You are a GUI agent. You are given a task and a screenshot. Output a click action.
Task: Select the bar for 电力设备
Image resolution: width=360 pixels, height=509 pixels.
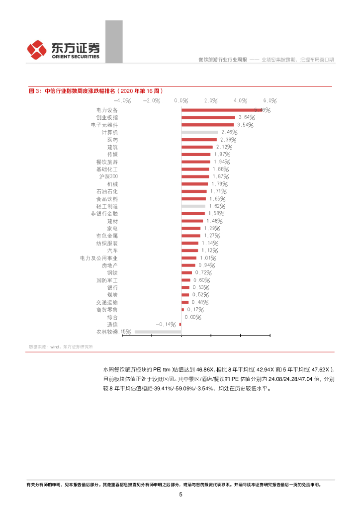[221, 110]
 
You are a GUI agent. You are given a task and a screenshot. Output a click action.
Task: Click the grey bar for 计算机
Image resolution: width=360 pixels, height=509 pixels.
[199, 132]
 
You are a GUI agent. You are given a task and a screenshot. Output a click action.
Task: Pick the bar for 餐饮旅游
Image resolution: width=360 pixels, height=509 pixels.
[196, 162]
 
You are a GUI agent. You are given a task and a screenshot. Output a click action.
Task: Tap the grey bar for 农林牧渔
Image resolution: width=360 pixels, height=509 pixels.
[158, 332]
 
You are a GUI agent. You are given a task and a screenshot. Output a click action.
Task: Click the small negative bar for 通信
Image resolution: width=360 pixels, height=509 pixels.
[180, 324]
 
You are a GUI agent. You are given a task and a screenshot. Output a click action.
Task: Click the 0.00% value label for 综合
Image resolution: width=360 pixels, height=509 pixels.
[192, 317]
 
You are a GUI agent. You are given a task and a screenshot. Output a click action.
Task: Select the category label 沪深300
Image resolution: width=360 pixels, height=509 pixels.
[108, 176]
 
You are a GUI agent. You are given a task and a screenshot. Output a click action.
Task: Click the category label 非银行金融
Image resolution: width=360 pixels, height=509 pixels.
[104, 213]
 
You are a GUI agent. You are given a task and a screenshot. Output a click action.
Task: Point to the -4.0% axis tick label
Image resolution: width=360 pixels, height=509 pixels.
[122, 100]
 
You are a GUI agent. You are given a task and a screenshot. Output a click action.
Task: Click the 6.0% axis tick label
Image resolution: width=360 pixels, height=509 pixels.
[269, 100]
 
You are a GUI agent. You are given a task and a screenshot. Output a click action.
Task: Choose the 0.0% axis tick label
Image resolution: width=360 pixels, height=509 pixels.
[181, 100]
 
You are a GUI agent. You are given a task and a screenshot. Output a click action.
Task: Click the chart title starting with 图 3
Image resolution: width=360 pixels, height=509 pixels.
[95, 90]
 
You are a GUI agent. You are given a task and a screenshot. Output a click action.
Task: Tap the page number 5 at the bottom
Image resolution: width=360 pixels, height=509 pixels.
[180, 495]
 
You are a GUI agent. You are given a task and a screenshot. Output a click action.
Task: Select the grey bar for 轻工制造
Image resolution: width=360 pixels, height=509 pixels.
[193, 206]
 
